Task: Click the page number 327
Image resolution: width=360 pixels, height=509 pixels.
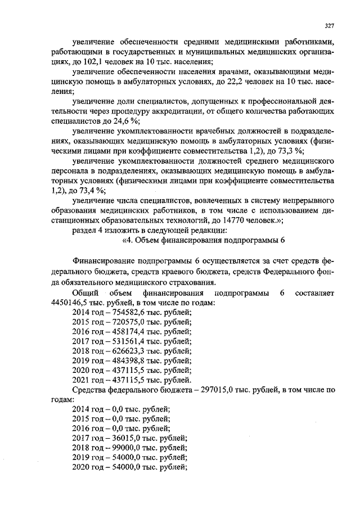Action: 330,25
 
